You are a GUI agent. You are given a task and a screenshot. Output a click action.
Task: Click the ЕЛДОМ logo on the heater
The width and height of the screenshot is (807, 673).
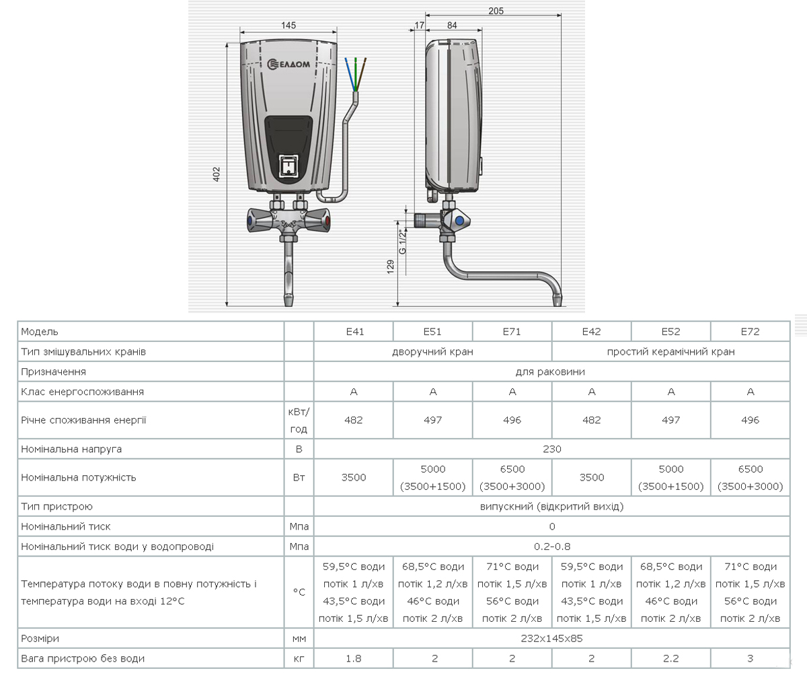(x=289, y=64)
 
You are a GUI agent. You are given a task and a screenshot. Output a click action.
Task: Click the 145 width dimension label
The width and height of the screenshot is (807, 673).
(x=289, y=26)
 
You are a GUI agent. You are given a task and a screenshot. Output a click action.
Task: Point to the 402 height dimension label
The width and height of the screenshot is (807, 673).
(x=217, y=174)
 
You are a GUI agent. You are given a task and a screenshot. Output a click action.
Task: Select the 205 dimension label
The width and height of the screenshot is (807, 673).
(x=496, y=11)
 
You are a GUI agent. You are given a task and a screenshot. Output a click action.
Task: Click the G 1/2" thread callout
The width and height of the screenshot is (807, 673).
(x=403, y=242)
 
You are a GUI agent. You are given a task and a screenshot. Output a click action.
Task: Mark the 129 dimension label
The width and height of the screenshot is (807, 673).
(x=390, y=267)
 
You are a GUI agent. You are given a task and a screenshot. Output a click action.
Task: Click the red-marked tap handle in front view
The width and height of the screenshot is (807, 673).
(x=319, y=221)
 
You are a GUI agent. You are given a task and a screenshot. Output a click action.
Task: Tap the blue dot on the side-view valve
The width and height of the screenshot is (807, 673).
(x=459, y=221)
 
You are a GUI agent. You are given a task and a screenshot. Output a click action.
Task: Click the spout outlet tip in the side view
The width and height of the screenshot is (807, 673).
(x=558, y=301)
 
